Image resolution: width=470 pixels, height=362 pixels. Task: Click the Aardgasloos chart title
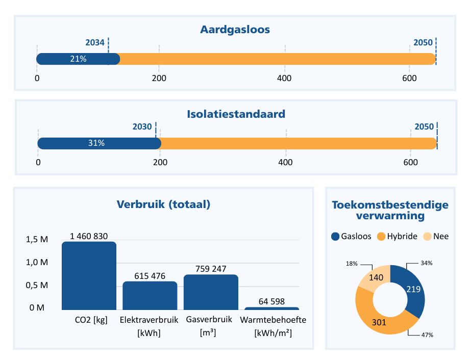[x=235, y=30]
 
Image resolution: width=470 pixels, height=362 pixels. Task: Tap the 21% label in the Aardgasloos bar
[x=78, y=59]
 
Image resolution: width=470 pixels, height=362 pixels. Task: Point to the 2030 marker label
[x=142, y=127]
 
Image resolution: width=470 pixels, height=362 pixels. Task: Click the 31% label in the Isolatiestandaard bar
[x=96, y=143]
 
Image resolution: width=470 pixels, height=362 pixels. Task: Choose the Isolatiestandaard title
[x=236, y=114]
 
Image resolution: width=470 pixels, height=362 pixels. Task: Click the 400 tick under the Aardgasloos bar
[x=284, y=79]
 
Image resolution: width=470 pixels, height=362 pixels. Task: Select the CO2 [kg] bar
[x=89, y=276]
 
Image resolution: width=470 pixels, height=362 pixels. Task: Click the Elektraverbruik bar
[x=150, y=296]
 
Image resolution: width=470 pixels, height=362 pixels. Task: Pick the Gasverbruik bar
[x=211, y=292]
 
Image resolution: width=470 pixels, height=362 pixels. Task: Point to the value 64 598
[x=271, y=301]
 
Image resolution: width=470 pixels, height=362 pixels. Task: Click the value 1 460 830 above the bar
[x=89, y=236]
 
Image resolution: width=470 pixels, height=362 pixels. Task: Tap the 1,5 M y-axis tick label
[x=37, y=240]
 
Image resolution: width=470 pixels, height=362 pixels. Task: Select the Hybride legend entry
[x=397, y=237]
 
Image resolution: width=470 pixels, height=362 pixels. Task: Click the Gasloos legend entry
[x=351, y=237]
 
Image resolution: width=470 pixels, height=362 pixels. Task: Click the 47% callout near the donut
[x=427, y=335]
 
